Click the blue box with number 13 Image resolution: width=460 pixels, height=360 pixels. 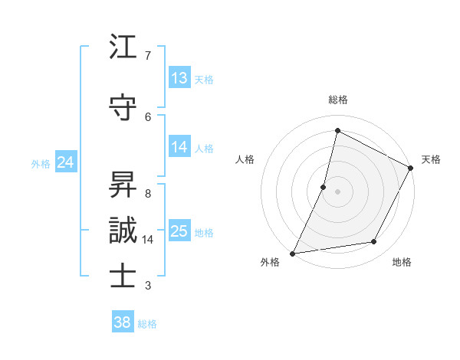click(179, 77)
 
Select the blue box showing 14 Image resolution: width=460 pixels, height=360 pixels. click(179, 147)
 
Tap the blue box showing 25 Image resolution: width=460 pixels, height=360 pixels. click(179, 231)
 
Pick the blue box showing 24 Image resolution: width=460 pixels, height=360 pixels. click(65, 162)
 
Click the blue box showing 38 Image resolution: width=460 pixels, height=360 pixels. click(123, 322)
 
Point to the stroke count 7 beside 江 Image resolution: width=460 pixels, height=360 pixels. click(148, 56)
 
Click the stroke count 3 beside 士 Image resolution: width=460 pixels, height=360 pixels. click(148, 286)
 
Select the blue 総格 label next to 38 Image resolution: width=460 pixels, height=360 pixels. click(148, 324)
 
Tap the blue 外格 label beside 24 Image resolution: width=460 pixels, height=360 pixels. click(41, 163)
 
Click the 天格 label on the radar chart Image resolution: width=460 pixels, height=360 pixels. click(431, 159)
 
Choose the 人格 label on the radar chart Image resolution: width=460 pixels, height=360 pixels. click(245, 159)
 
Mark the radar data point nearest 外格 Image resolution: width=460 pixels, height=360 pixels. click(292, 253)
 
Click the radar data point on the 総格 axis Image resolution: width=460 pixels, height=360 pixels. click(337, 130)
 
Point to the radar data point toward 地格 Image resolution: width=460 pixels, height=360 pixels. click(374, 242)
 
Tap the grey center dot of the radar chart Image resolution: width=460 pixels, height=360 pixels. click(337, 191)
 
